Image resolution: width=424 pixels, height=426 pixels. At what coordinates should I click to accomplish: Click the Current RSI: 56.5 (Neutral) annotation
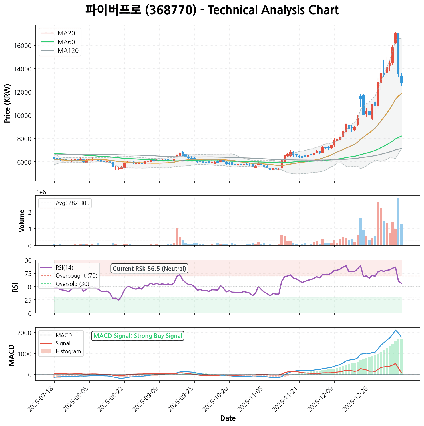click(149, 269)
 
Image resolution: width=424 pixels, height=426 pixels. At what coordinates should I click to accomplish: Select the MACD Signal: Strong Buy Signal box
click(138, 336)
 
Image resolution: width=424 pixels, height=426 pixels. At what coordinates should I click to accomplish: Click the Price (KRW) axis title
click(8, 103)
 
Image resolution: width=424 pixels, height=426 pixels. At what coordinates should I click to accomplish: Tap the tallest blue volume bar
click(398, 221)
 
